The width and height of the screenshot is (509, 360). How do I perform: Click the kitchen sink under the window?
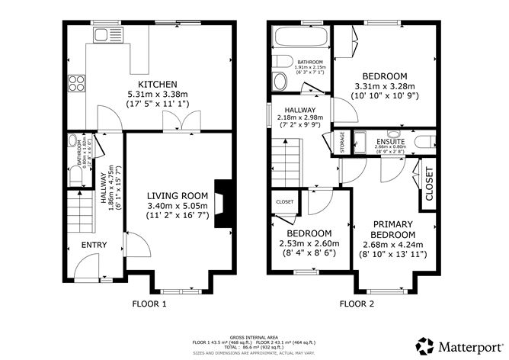tap(101, 35)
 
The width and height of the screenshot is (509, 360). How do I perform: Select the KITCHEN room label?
tap(157, 84)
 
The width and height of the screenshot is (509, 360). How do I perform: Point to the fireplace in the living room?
tap(221, 202)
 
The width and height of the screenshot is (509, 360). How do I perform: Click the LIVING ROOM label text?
tap(176, 195)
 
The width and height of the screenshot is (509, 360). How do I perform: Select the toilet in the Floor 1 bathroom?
tap(75, 175)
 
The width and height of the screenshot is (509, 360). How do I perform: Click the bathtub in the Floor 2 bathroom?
tap(299, 39)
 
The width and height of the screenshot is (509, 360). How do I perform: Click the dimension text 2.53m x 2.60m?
tap(309, 243)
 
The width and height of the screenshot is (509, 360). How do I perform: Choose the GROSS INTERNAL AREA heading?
tap(254, 336)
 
